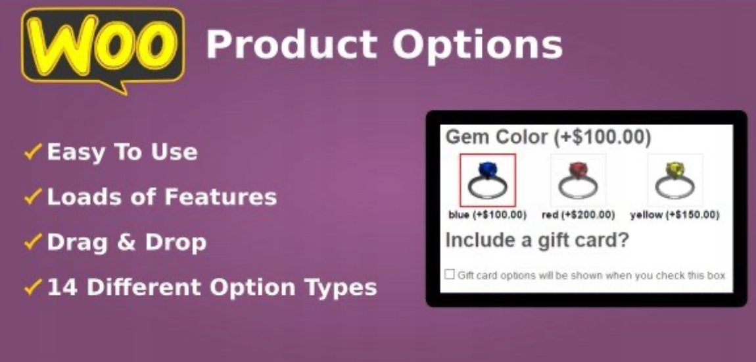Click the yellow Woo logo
(x=103, y=50)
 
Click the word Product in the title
(x=292, y=44)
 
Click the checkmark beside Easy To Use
(x=34, y=152)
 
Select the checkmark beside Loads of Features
(x=34, y=197)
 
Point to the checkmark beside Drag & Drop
(x=34, y=242)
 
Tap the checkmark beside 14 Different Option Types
(x=34, y=288)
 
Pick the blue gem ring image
(x=487, y=180)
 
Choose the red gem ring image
(x=578, y=180)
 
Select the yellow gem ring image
(x=675, y=180)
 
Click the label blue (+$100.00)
(x=487, y=215)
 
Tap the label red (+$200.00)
(x=578, y=215)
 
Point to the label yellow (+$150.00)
(x=675, y=215)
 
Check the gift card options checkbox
(x=450, y=274)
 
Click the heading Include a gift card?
(x=537, y=240)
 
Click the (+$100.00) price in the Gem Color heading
(x=602, y=138)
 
